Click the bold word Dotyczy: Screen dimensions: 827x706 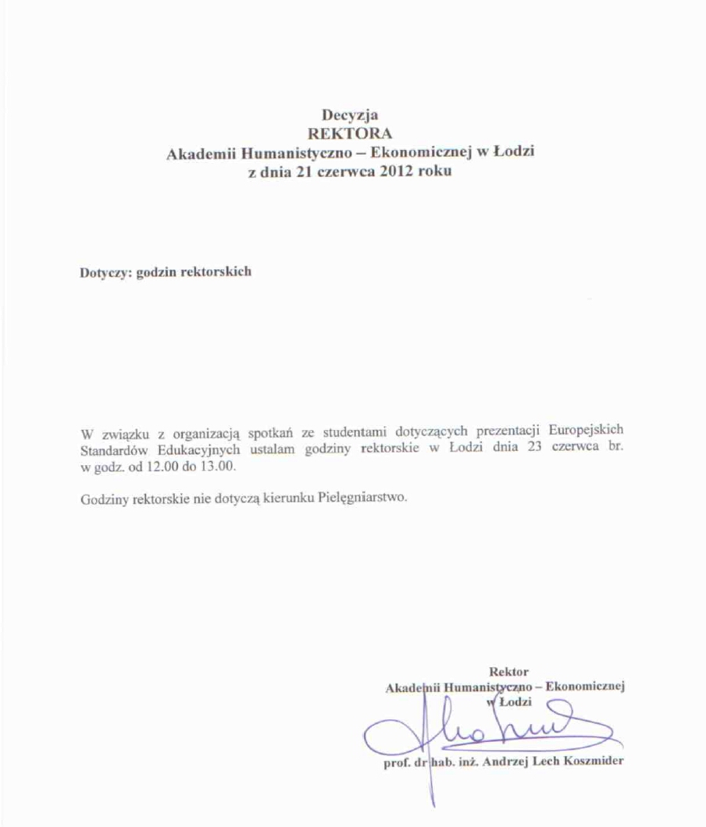coord(105,273)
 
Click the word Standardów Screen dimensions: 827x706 coord(112,449)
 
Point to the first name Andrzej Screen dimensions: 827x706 coord(505,761)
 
